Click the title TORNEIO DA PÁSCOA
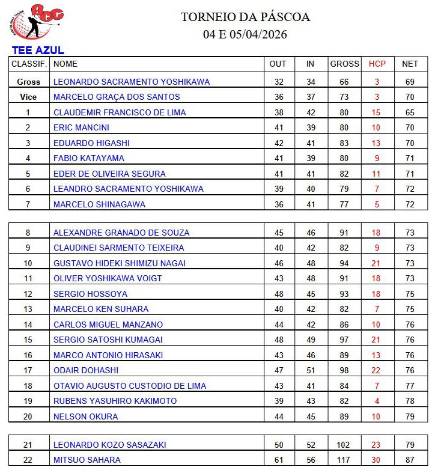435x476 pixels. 245,17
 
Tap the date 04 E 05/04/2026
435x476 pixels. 245,34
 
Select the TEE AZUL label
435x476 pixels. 37,50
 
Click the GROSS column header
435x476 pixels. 344,64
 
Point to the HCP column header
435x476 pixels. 377,64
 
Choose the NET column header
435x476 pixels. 410,64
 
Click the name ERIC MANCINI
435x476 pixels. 81,127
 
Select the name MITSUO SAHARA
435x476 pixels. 87,460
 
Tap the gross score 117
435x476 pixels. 344,460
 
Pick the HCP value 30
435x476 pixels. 377,460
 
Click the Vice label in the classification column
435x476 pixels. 28,97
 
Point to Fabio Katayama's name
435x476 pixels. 89,158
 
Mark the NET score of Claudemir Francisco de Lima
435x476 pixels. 410,112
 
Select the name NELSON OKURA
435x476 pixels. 86,416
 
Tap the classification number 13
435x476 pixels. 28,309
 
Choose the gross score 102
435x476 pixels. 344,445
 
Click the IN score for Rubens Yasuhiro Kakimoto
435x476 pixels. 310,401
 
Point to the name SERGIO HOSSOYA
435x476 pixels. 90,294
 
